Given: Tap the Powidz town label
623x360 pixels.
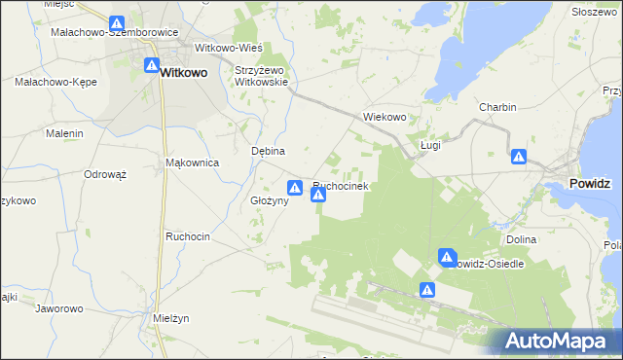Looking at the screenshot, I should (589, 183).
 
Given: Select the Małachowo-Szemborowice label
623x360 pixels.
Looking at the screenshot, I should (115, 32).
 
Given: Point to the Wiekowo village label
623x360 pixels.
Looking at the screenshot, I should (384, 116).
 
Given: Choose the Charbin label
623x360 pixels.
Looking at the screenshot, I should (497, 107).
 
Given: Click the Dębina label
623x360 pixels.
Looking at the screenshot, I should (268, 151).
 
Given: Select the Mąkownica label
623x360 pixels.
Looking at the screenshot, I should (192, 162).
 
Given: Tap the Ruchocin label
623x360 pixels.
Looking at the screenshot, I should (188, 236).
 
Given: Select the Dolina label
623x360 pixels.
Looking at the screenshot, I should (522, 238).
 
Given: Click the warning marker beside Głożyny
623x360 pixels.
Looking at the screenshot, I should (294, 187).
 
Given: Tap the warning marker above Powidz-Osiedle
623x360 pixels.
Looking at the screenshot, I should (447, 258).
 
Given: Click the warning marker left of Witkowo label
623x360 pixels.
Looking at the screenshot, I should (152, 66).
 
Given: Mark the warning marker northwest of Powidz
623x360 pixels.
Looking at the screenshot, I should (519, 156).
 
